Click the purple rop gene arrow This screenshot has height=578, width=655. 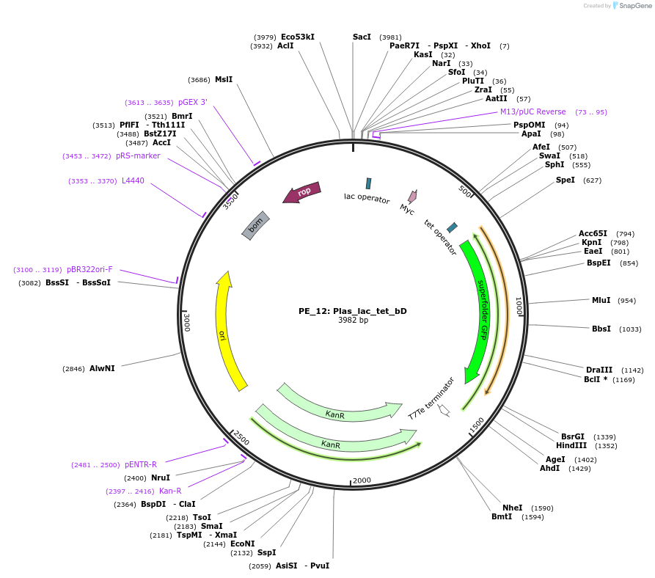[301, 193]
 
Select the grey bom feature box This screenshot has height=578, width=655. [255, 225]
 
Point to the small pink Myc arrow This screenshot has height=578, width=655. [412, 197]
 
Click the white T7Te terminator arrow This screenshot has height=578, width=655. [444, 410]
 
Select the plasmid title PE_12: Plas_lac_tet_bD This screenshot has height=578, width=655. [352, 310]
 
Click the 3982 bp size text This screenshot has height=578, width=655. [352, 321]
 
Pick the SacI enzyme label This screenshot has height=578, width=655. [362, 37]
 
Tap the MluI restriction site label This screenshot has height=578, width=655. [601, 300]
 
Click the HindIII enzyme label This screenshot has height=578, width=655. [571, 445]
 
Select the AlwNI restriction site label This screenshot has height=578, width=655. [102, 368]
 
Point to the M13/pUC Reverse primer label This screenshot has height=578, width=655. [533, 111]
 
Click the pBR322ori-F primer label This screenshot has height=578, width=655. [89, 269]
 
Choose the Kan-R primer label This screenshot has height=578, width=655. [169, 491]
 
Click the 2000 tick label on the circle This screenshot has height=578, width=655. [362, 480]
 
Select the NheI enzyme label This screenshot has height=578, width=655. [512, 508]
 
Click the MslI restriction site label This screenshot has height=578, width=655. [223, 79]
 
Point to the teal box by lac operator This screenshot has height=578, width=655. [368, 183]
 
